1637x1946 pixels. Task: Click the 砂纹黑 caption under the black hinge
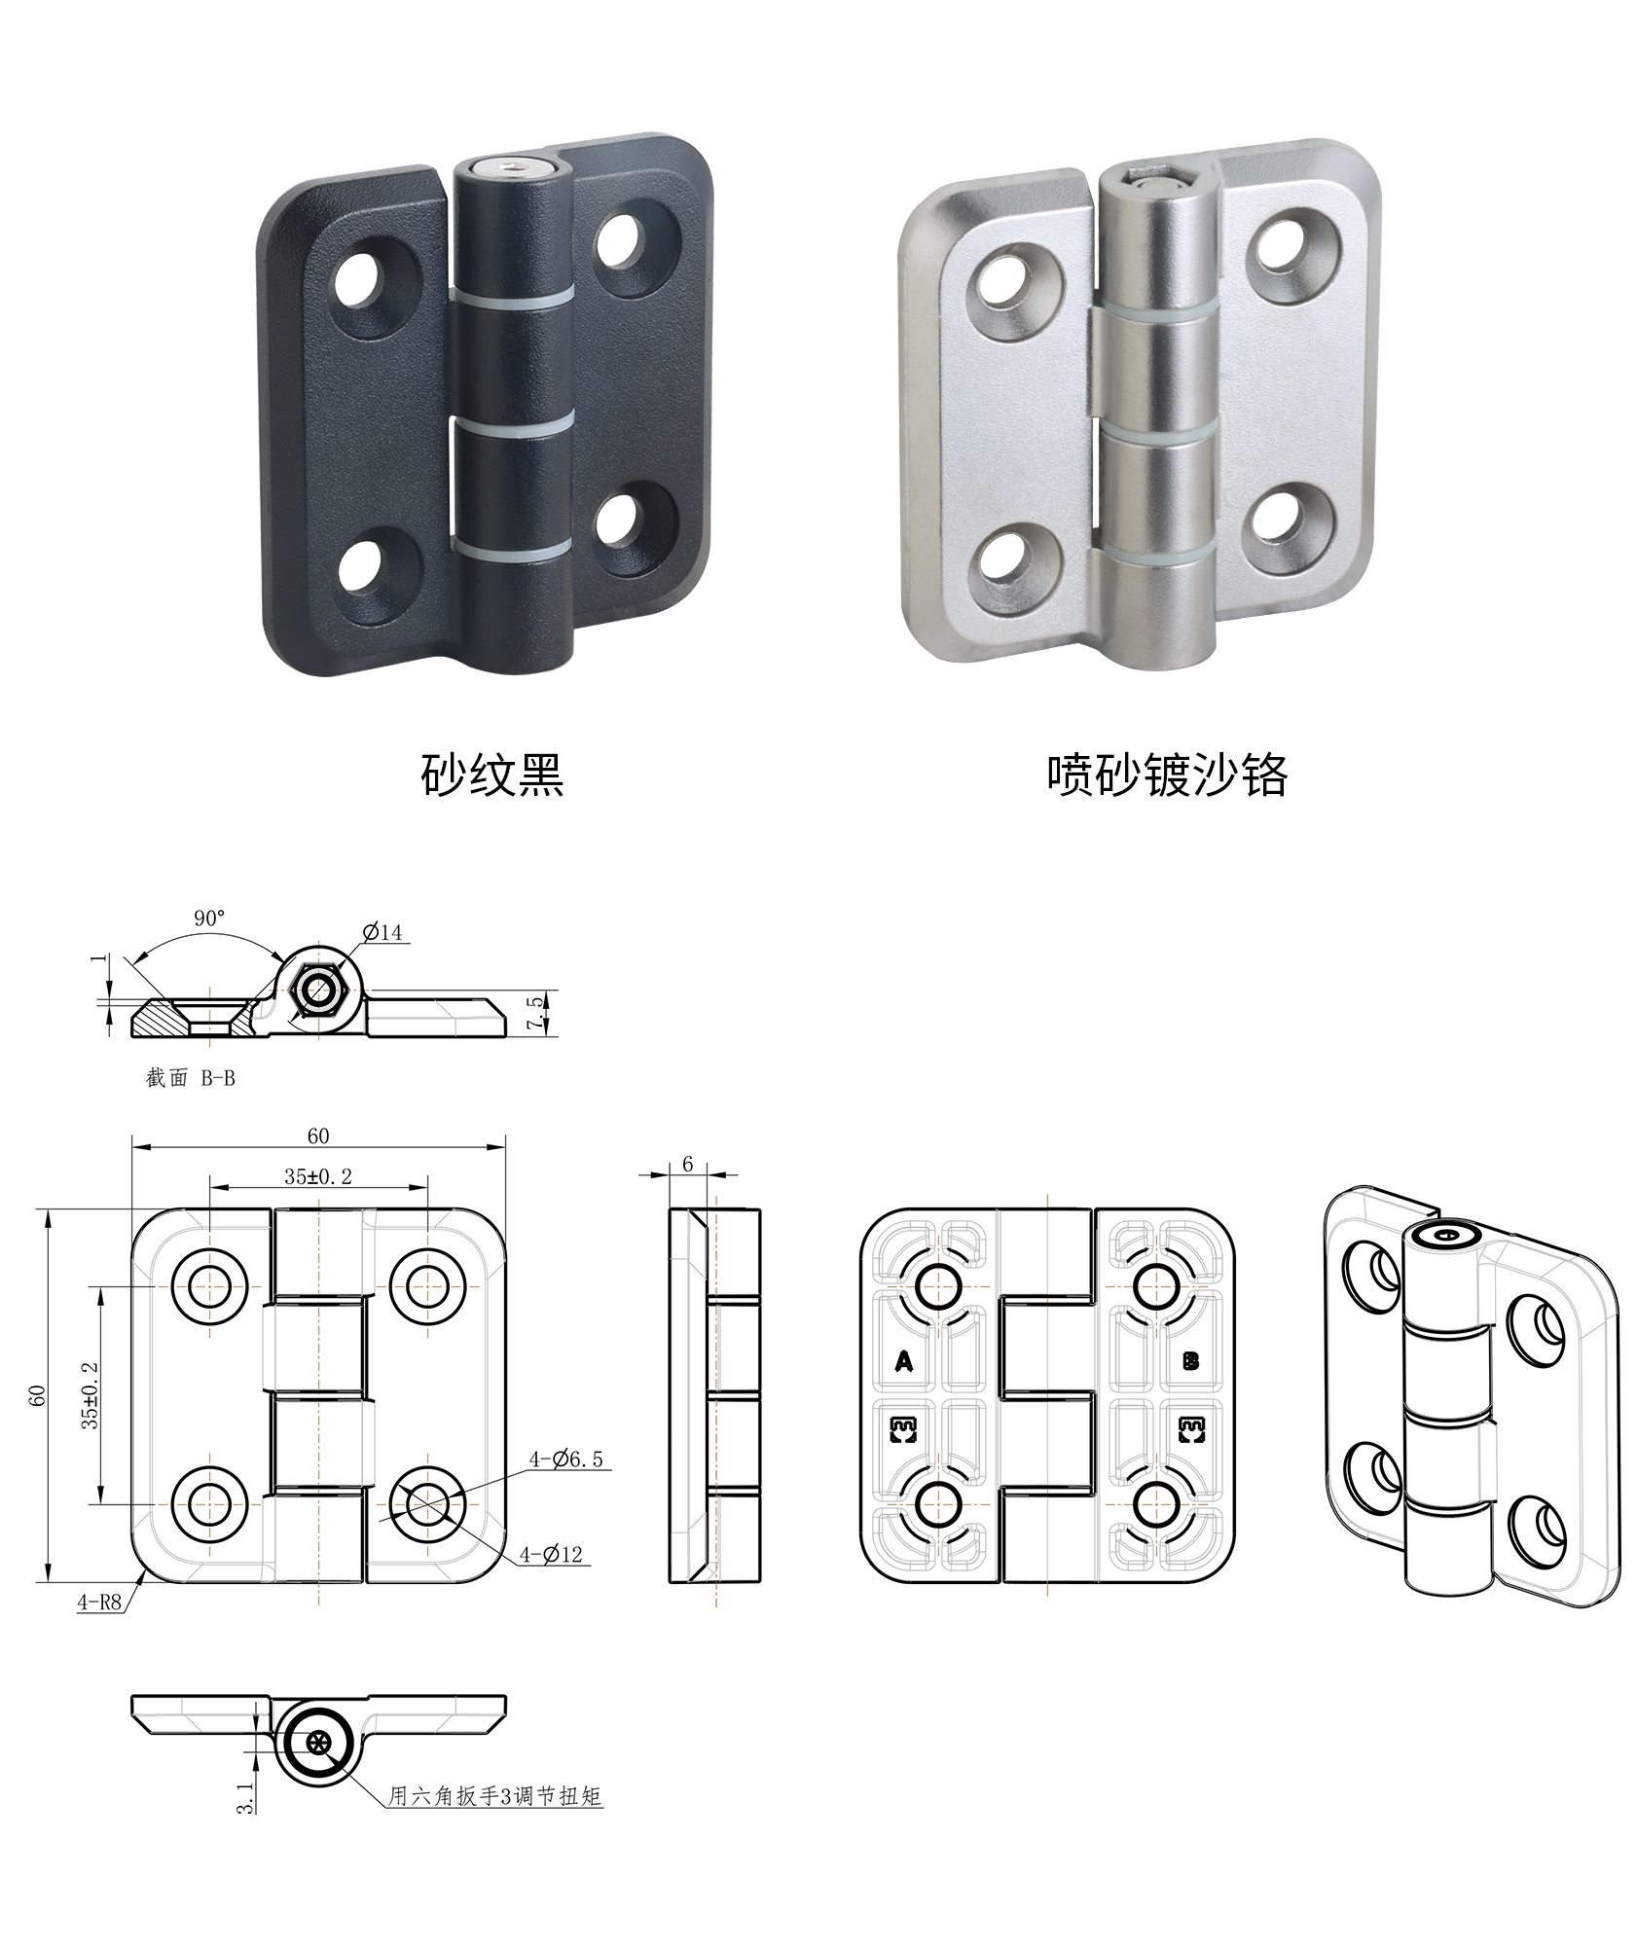click(491, 775)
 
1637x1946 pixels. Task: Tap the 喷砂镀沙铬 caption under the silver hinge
click(1167, 775)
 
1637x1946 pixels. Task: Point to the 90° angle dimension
click(209, 918)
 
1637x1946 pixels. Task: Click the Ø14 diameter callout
click(382, 932)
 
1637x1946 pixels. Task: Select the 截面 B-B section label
click(191, 1078)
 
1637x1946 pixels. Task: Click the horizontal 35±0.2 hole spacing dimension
click(318, 1175)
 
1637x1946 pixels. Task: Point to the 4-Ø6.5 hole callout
click(565, 1459)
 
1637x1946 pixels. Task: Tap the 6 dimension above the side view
click(688, 1164)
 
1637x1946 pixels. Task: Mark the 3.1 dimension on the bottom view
click(246, 1798)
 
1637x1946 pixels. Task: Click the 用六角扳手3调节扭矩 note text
click(495, 1795)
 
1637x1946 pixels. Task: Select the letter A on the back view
click(904, 1361)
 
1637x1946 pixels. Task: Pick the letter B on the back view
click(1190, 1360)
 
